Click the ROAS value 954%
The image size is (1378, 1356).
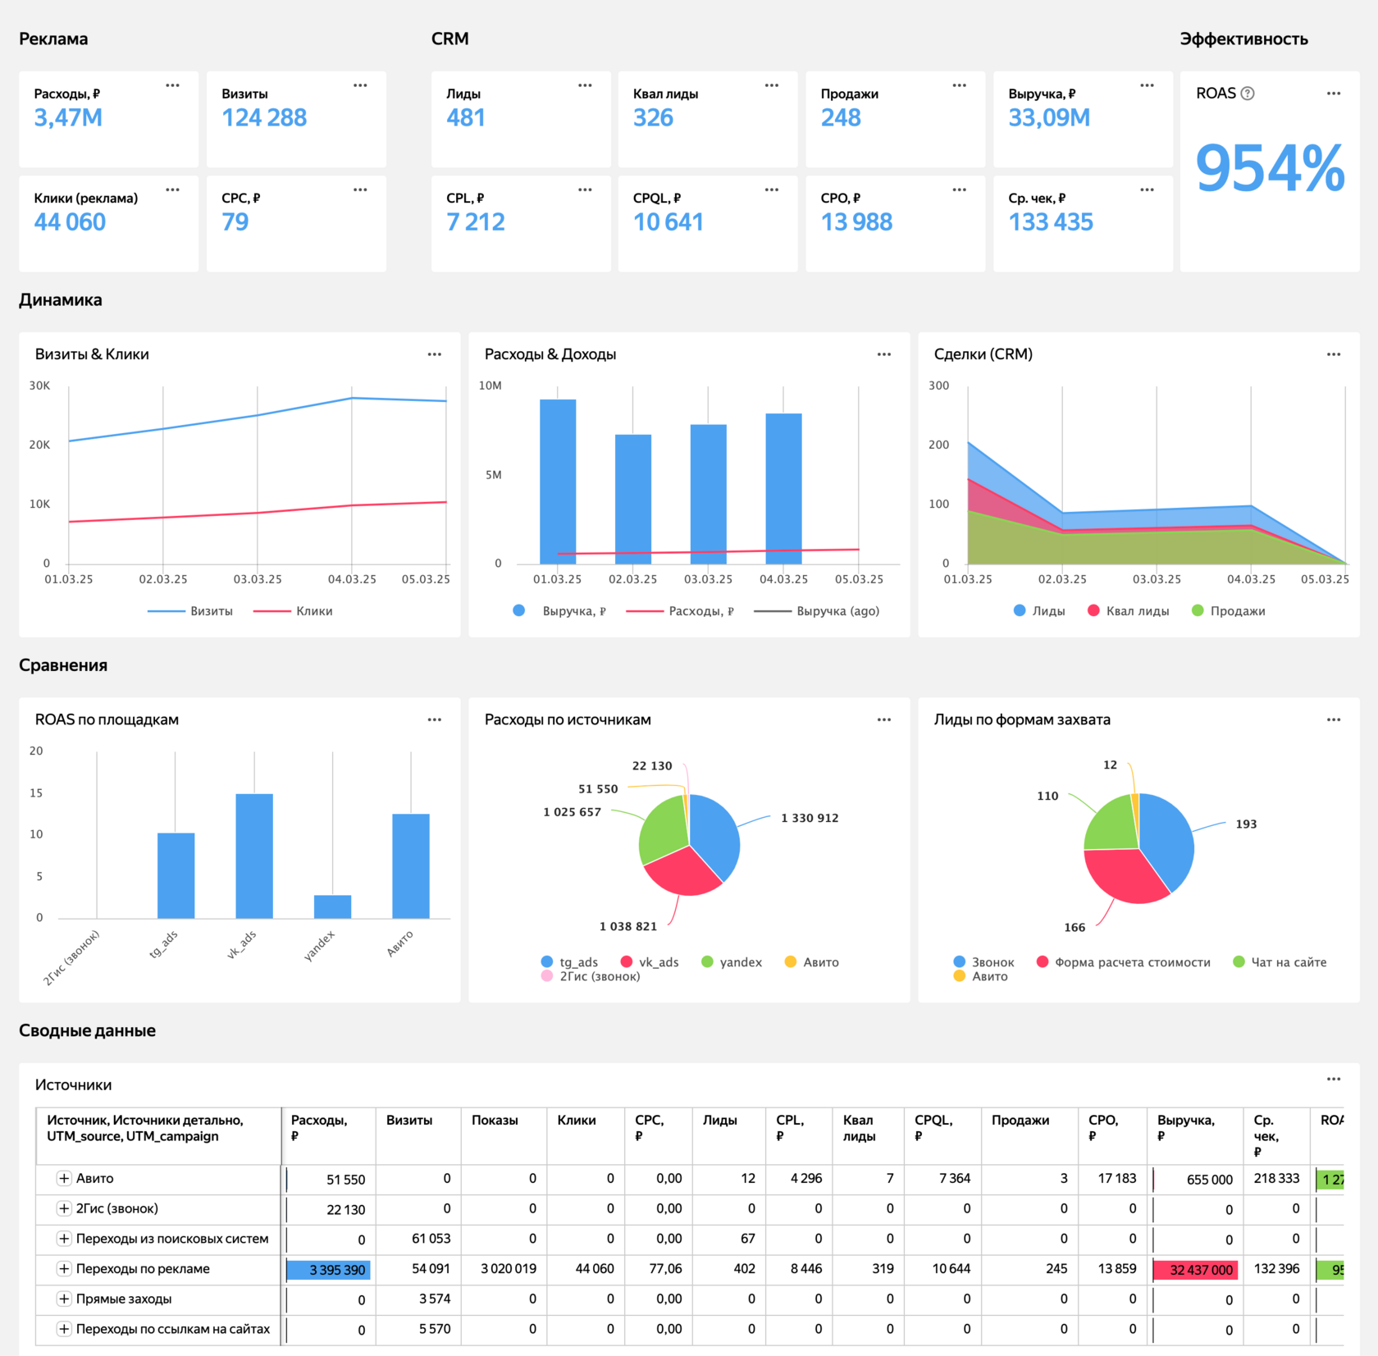[x=1270, y=169]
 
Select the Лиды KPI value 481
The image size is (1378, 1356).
[x=466, y=118]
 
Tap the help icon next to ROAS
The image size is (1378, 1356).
[x=1248, y=94]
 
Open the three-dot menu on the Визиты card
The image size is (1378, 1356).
[x=360, y=85]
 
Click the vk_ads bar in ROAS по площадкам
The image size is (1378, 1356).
[x=254, y=856]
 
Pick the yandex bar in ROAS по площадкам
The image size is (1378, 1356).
[x=332, y=906]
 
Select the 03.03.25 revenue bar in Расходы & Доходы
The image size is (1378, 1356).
[x=709, y=494]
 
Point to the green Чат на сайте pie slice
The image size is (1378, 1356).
[x=1110, y=823]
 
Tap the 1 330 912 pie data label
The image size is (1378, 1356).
[x=810, y=818]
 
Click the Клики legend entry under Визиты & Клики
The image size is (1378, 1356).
[x=293, y=611]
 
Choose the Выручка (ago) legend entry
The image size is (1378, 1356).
[x=816, y=611]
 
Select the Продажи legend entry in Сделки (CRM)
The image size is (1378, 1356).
[x=1228, y=611]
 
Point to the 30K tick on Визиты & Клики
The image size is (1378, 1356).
[x=39, y=386]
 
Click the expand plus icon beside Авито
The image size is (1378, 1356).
[x=64, y=1178]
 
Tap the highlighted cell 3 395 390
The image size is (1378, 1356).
[x=329, y=1270]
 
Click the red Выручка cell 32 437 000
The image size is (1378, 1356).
[x=1196, y=1270]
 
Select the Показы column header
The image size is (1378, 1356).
[x=495, y=1121]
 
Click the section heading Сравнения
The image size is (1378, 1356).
[x=63, y=665]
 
